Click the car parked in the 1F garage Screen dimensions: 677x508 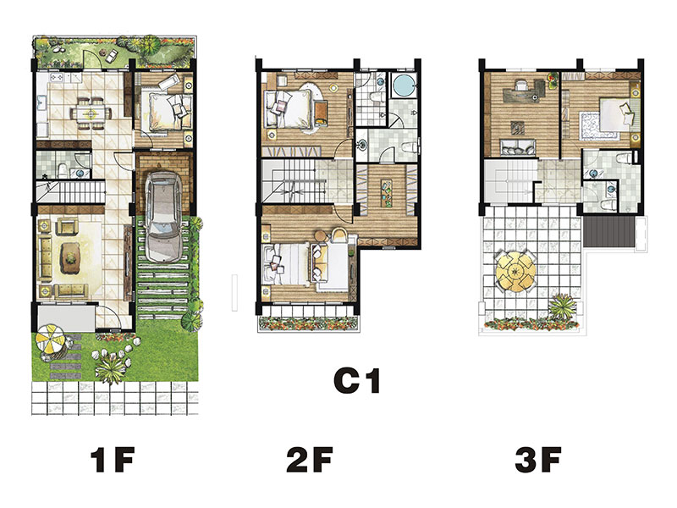(163, 217)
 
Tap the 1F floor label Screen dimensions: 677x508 (113, 460)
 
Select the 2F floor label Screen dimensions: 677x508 (310, 460)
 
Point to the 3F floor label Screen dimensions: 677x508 (538, 460)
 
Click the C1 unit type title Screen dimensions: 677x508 (357, 380)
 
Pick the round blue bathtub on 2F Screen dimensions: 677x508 (404, 86)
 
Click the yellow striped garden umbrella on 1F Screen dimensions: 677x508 (50, 338)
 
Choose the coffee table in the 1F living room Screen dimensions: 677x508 (70, 258)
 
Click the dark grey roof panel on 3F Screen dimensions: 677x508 (609, 231)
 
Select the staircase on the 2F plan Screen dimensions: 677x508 (293, 180)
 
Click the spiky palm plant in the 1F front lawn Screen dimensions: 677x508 (111, 369)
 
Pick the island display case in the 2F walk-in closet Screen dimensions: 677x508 (387, 193)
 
